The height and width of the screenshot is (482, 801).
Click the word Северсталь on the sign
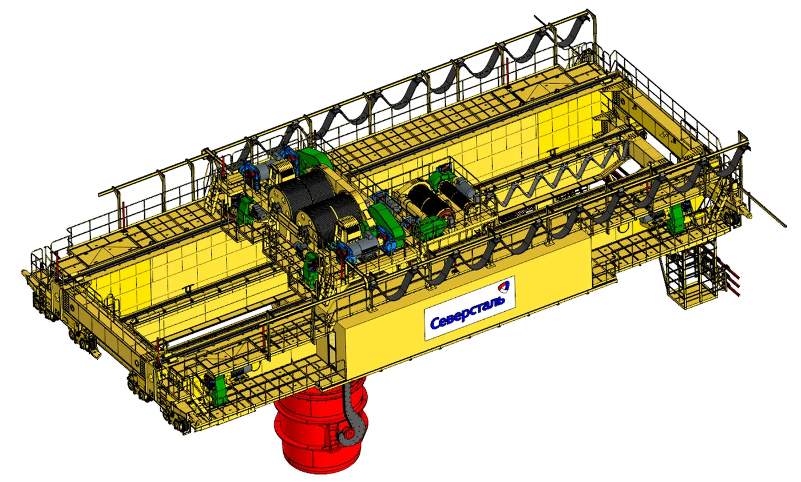click(468, 312)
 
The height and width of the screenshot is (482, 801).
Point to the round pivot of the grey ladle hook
click(348, 434)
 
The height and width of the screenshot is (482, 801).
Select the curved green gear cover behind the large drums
click(314, 160)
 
